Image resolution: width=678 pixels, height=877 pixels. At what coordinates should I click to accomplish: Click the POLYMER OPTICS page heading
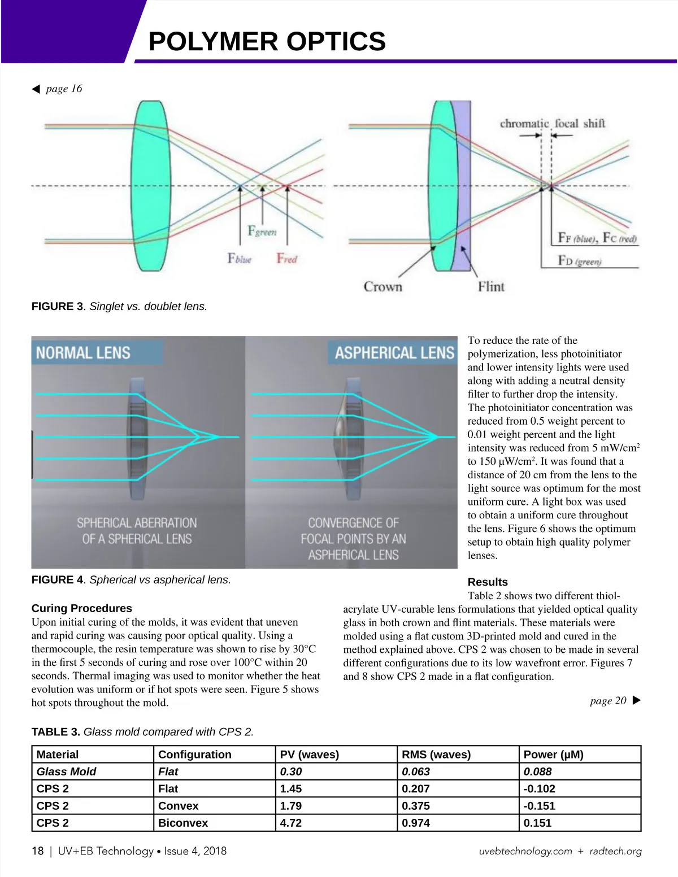[x=267, y=42]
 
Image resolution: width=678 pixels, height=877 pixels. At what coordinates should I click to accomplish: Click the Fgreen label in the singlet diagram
[x=262, y=231]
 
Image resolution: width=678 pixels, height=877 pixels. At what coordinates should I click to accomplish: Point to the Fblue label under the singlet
[x=239, y=259]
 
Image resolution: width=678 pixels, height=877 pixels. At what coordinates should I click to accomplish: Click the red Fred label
[x=286, y=259]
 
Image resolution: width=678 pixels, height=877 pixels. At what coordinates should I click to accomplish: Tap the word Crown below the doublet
[x=383, y=287]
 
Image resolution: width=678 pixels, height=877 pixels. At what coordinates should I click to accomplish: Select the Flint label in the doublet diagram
[x=491, y=287]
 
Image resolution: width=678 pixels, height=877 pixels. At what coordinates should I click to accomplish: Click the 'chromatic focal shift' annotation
[x=552, y=123]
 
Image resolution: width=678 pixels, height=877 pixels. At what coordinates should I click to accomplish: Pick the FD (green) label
[x=580, y=261]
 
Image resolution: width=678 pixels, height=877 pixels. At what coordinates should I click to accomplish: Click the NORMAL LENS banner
[x=83, y=353]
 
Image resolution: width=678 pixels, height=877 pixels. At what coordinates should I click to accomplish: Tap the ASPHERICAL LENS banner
[x=394, y=353]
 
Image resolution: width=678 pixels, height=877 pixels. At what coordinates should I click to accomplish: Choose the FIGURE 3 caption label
[x=57, y=307]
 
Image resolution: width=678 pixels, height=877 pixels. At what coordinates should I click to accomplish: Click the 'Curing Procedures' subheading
[x=81, y=608]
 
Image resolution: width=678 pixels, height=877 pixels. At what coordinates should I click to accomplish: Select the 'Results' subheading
[x=488, y=582]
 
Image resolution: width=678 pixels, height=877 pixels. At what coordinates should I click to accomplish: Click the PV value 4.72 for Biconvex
[x=291, y=823]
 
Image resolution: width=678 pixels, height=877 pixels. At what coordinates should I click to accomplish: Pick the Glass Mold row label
[x=66, y=771]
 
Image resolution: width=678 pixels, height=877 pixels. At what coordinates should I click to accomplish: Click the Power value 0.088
[x=537, y=771]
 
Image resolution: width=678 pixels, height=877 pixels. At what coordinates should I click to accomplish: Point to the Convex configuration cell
[x=178, y=806]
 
